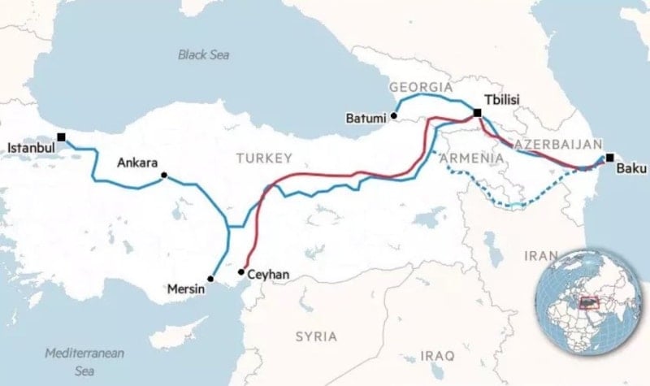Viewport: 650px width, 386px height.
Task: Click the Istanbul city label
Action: (x=31, y=149)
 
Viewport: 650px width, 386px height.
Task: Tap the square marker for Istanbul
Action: (x=61, y=137)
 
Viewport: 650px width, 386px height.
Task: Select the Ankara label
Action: (x=136, y=163)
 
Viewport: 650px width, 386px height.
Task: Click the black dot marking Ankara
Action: (x=165, y=176)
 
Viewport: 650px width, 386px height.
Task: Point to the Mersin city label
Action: (x=186, y=288)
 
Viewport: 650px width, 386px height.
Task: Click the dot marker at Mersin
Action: (x=210, y=279)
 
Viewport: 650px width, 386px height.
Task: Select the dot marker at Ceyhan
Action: (x=241, y=271)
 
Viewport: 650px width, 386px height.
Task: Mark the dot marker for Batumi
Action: (x=393, y=116)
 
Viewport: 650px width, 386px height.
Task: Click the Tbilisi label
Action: (x=501, y=99)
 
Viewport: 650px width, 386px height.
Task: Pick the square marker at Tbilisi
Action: (x=477, y=113)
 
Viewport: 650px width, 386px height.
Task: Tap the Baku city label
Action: (x=630, y=169)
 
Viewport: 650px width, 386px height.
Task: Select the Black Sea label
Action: (x=204, y=54)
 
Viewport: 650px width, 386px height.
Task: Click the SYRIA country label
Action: (x=316, y=336)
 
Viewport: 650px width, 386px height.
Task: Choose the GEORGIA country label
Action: (x=420, y=87)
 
